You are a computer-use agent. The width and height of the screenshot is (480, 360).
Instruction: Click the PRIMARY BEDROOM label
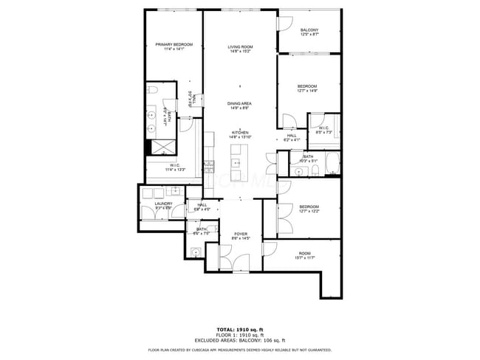[174, 45]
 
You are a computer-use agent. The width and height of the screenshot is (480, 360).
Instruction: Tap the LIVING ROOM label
[240, 47]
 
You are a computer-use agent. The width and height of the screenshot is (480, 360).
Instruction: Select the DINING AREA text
[239, 103]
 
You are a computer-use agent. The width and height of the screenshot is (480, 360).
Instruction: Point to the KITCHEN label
[240, 134]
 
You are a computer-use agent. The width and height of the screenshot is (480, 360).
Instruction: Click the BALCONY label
[309, 30]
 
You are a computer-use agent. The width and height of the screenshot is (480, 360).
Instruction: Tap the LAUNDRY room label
[163, 204]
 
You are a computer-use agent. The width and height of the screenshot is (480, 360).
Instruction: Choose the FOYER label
[241, 234]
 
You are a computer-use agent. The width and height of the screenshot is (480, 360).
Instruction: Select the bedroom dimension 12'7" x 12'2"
[309, 211]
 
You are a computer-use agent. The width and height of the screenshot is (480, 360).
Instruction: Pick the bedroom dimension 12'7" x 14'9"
[306, 91]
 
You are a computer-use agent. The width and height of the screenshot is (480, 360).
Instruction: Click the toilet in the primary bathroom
[152, 90]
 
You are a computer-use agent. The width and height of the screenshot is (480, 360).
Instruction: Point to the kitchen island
[239, 162]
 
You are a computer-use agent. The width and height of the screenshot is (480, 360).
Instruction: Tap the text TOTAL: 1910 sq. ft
[240, 329]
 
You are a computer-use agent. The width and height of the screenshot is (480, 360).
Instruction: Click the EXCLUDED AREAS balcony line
[240, 339]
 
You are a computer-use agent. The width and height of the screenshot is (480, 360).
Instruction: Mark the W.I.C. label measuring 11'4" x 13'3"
[174, 167]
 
